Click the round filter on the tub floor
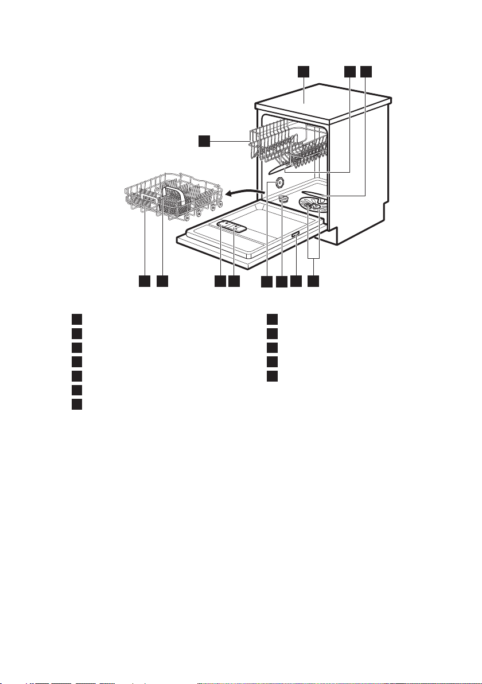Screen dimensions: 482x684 310,207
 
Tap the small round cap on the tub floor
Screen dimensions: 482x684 282,199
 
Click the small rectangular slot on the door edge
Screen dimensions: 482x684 295,235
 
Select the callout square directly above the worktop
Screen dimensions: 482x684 303,71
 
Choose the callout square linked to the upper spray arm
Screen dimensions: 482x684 349,71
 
